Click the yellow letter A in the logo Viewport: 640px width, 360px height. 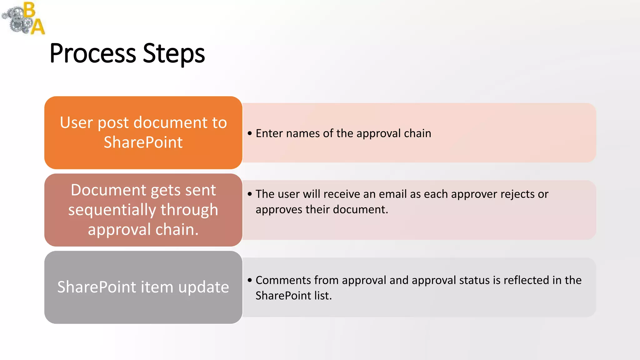tap(38, 27)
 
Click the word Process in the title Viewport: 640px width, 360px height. tap(93, 54)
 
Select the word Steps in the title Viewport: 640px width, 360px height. tap(174, 54)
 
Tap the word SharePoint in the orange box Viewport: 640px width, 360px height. tap(143, 142)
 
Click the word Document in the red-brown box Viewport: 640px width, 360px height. tap(108, 190)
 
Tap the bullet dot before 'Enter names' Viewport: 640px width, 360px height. tap(250, 133)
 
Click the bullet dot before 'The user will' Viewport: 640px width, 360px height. tap(250, 194)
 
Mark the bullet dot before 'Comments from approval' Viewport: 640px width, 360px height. tap(250, 280)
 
